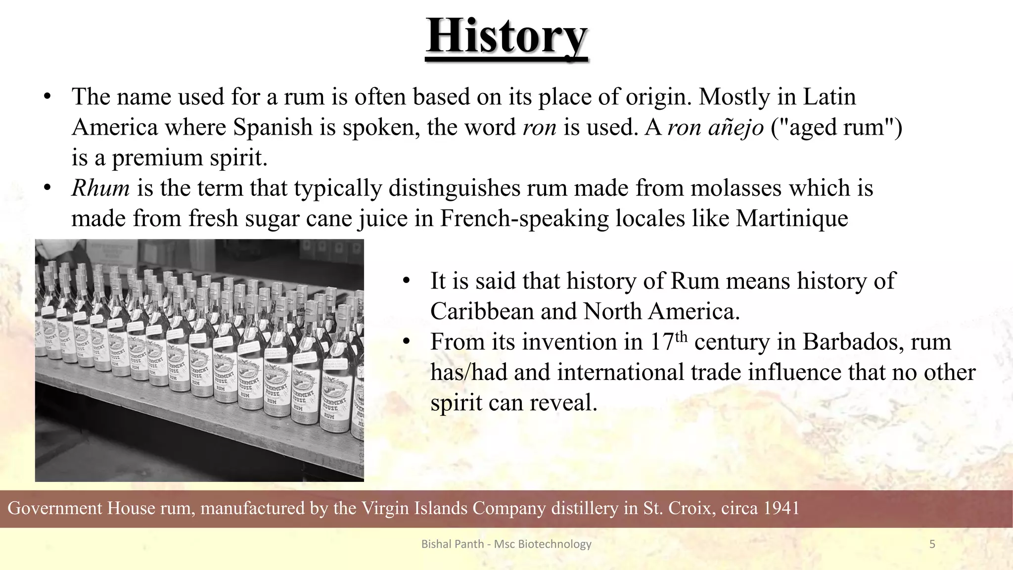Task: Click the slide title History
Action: pos(506,36)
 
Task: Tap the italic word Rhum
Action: pos(101,189)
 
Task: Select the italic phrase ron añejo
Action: pos(715,128)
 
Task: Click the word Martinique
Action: pos(792,219)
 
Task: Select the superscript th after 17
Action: pos(681,336)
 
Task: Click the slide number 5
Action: pos(932,544)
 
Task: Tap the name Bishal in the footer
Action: pos(433,544)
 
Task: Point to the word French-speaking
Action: pos(524,219)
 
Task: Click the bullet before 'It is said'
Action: pos(407,281)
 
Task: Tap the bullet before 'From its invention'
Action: pos(407,342)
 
